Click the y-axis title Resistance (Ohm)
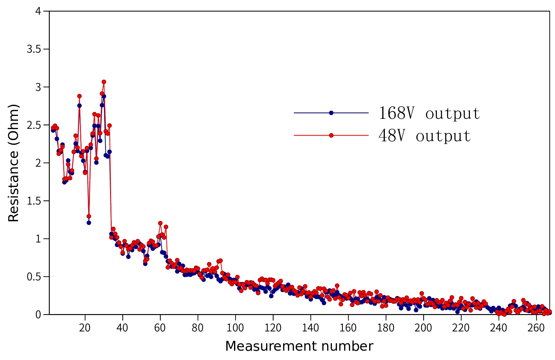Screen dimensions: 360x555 pyautogui.click(x=13, y=163)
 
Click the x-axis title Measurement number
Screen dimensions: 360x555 pyautogui.click(x=299, y=346)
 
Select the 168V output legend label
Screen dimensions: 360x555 pyautogui.click(x=429, y=113)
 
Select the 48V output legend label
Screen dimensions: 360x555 pyautogui.click(x=424, y=136)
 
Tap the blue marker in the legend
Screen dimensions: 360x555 pyautogui.click(x=331, y=113)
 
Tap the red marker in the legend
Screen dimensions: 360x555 pyautogui.click(x=331, y=136)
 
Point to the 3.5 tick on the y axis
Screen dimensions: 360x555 pyautogui.click(x=34, y=49)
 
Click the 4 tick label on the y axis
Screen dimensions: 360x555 pyautogui.click(x=38, y=11)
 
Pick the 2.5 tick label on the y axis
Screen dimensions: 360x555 pyautogui.click(x=34, y=125)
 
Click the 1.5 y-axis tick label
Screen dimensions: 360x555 pyautogui.click(x=34, y=201)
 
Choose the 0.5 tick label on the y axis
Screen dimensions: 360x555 pyautogui.click(x=34, y=277)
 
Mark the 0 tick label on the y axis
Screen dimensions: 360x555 pyautogui.click(x=38, y=315)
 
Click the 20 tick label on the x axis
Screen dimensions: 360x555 pyautogui.click(x=85, y=328)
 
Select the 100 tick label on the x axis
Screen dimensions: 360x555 pyautogui.click(x=235, y=328)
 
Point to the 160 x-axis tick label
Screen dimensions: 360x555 pyautogui.click(x=348, y=328)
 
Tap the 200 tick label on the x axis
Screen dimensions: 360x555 pyautogui.click(x=423, y=328)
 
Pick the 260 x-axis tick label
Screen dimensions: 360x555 pyautogui.click(x=536, y=328)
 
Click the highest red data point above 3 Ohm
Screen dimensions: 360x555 pyautogui.click(x=104, y=82)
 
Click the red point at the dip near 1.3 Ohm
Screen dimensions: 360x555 pyautogui.click(x=89, y=216)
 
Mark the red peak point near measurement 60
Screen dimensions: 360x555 pyautogui.click(x=160, y=223)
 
